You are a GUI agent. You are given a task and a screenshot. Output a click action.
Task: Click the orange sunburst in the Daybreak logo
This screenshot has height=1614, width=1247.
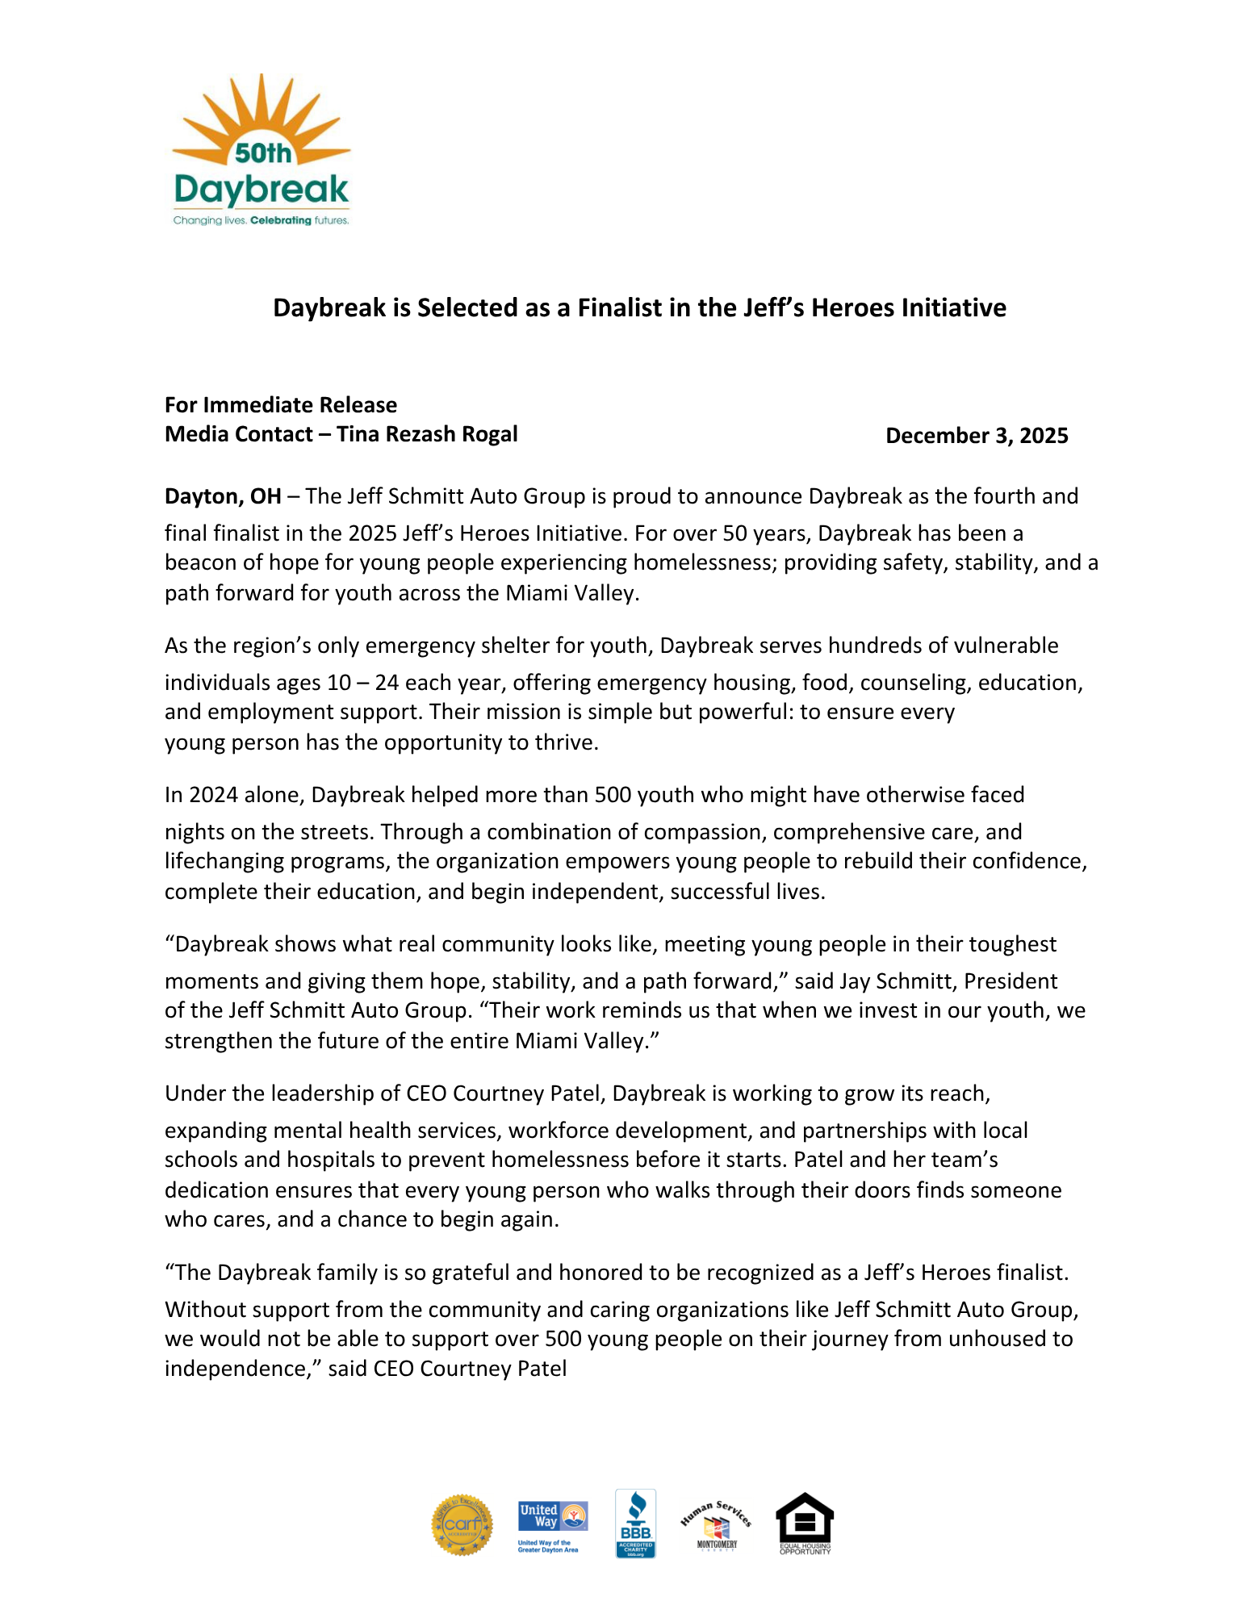[x=260, y=117]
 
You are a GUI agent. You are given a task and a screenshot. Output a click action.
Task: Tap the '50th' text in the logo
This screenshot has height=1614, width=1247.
[x=263, y=153]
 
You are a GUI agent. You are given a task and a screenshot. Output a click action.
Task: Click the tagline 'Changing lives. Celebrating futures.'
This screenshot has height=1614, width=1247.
[x=261, y=220]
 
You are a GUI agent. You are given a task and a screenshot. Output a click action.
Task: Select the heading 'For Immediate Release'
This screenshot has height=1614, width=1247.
[x=281, y=405]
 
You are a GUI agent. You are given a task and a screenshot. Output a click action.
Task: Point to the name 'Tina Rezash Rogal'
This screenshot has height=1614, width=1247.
[x=427, y=434]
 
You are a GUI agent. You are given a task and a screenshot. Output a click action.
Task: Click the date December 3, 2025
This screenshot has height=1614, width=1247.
[x=977, y=436]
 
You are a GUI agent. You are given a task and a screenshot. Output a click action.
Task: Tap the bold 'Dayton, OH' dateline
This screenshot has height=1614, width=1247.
[x=223, y=496]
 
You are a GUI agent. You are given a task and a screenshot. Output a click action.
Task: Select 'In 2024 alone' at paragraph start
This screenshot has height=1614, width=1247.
[x=232, y=795]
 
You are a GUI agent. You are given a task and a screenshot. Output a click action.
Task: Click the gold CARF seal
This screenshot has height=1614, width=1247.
[x=462, y=1524]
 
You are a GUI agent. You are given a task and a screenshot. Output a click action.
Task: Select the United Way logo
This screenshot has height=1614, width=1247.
[x=553, y=1525]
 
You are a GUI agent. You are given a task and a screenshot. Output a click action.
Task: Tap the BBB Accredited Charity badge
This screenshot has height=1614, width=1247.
[x=635, y=1524]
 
